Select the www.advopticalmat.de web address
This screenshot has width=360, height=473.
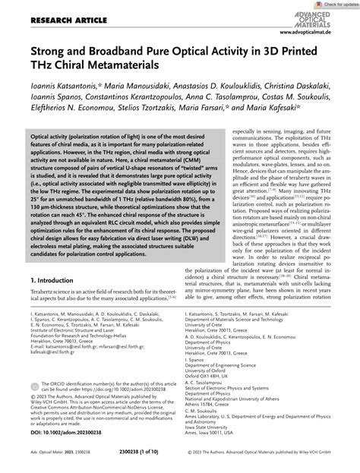pos(315,34)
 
